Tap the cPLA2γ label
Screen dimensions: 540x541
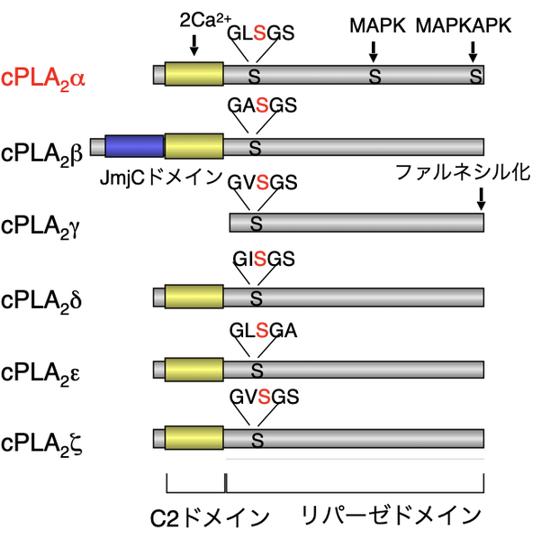43,224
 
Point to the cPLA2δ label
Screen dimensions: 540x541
43,298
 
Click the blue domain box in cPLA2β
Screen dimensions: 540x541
134,146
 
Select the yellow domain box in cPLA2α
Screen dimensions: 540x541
194,75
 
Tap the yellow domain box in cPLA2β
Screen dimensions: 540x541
194,146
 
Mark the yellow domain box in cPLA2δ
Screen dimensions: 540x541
194,297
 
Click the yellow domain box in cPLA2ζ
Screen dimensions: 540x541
194,438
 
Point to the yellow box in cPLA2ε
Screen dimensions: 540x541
194,369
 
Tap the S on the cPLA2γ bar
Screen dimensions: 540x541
256,223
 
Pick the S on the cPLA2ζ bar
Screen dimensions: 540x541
257,441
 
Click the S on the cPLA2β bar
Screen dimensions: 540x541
255,149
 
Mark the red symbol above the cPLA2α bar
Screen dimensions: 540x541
259,33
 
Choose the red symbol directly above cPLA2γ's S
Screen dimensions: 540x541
262,183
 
